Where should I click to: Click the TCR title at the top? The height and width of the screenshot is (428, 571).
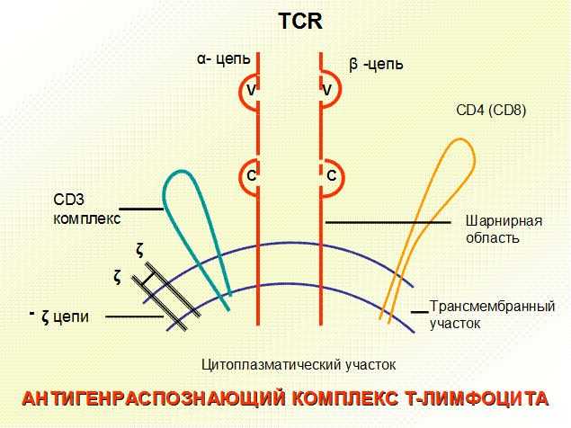(300, 21)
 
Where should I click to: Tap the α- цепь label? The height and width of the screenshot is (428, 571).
(224, 58)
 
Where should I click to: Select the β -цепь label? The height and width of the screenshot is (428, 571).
(376, 65)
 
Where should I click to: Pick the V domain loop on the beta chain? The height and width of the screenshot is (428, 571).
(340, 89)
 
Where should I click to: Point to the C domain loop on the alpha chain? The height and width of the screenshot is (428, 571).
(240, 177)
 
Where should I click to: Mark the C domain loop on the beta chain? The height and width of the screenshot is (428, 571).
(343, 179)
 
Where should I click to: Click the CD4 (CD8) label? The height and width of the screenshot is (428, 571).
(491, 110)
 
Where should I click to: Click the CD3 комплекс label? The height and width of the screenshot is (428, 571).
(86, 210)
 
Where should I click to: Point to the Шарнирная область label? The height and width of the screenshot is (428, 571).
(504, 229)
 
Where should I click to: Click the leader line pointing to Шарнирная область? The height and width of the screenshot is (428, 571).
(388, 222)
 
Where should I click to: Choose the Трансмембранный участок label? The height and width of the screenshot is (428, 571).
(492, 315)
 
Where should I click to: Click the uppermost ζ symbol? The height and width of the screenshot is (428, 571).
(140, 250)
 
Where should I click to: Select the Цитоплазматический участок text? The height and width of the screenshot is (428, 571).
(299, 364)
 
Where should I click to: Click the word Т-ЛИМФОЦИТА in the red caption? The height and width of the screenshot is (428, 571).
(477, 398)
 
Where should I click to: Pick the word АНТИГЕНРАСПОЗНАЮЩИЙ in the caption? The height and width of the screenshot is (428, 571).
(154, 398)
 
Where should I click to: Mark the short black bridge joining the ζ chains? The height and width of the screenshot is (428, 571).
(147, 279)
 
